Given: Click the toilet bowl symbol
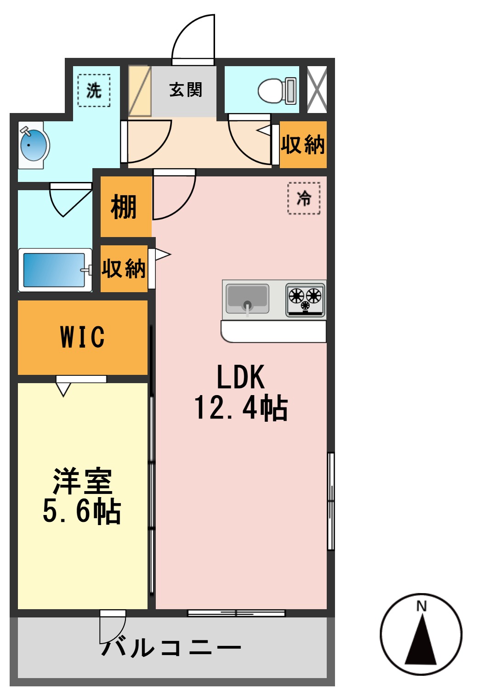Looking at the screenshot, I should coord(276,90).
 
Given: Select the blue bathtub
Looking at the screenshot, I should coord(54,270).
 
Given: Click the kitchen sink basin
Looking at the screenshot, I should coord(247,299).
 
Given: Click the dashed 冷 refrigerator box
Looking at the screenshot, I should coord(304,198).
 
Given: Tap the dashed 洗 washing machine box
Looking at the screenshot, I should coord(94,90).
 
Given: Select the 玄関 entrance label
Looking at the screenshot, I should coord(185,90).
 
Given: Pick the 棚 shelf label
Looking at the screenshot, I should coord(124,207).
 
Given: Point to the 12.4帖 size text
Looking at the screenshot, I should coord(241,407).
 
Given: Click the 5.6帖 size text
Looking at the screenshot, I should coord(82,511).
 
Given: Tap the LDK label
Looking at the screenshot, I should coord(240,377).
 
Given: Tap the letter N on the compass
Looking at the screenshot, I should coord(421,606).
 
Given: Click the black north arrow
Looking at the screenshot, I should coord(421,641).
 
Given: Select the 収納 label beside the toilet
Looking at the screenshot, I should coord(303,145).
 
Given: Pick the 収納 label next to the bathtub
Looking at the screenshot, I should coord(124,269).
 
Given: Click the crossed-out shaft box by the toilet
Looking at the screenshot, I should coord(317,90).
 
